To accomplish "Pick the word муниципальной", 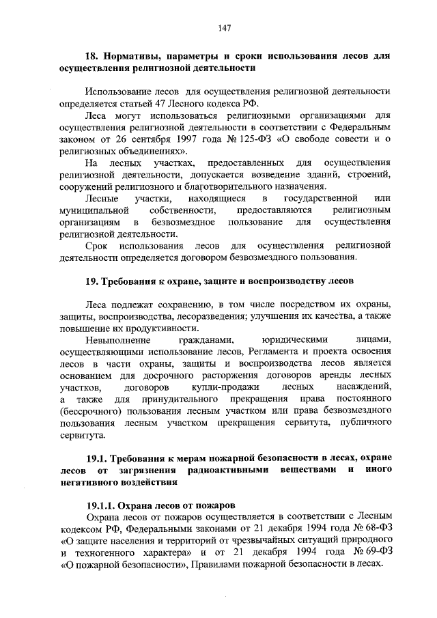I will (x=94, y=210).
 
